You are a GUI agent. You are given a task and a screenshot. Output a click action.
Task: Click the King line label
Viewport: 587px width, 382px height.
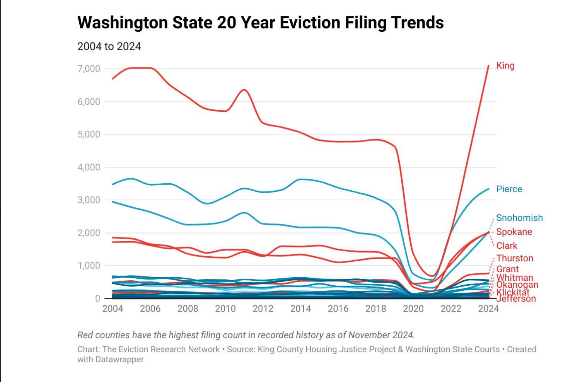[x=505, y=66]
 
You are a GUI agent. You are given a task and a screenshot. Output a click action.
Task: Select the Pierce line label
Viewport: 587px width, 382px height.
[x=509, y=189]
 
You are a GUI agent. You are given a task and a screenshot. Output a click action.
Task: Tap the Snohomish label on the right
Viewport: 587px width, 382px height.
[x=519, y=218]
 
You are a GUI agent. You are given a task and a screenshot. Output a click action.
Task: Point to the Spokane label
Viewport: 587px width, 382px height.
[x=514, y=232]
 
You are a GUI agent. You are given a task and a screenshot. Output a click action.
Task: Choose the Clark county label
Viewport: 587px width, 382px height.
[x=507, y=246]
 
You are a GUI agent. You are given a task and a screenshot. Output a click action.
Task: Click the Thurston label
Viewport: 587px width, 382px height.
[x=515, y=258]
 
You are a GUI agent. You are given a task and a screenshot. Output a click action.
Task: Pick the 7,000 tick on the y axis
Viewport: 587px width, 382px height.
[x=89, y=69]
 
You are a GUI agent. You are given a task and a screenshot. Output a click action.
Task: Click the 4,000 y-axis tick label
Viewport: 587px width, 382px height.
[x=89, y=167]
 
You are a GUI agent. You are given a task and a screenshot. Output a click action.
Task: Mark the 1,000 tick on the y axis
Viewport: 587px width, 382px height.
[x=89, y=266]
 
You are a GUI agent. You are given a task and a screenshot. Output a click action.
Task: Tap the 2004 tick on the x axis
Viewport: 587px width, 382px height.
[x=113, y=309]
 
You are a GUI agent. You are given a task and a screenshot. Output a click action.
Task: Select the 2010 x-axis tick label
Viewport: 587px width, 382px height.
[x=225, y=309]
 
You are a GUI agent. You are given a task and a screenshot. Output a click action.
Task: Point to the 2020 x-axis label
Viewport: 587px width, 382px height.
[x=413, y=309]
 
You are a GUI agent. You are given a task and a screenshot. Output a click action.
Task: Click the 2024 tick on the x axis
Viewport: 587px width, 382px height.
[x=488, y=309]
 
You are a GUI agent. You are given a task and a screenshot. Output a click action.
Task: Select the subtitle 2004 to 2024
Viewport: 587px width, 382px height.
[x=109, y=46]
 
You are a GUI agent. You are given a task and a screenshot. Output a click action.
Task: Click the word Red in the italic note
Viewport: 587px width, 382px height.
[x=85, y=335]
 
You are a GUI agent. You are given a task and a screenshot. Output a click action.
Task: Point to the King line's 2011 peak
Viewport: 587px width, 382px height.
[x=244, y=90]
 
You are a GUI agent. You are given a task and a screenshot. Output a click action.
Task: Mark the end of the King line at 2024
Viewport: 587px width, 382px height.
[x=489, y=65]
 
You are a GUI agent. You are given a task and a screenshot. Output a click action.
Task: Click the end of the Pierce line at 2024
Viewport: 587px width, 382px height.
[x=489, y=189]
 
